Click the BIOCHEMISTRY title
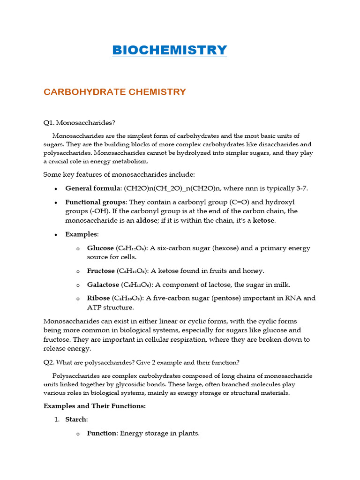click(169, 50)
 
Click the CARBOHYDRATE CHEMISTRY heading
click(115, 92)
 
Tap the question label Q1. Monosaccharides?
click(79, 123)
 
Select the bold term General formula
click(92, 188)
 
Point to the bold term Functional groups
click(96, 202)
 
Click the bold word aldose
click(146, 220)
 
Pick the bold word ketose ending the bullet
click(263, 220)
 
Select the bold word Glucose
click(100, 248)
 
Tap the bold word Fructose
click(101, 271)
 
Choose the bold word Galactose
click(103, 285)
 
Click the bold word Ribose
click(98, 298)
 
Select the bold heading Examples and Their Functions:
click(94, 406)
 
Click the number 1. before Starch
click(57, 420)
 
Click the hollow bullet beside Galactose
click(78, 285)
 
